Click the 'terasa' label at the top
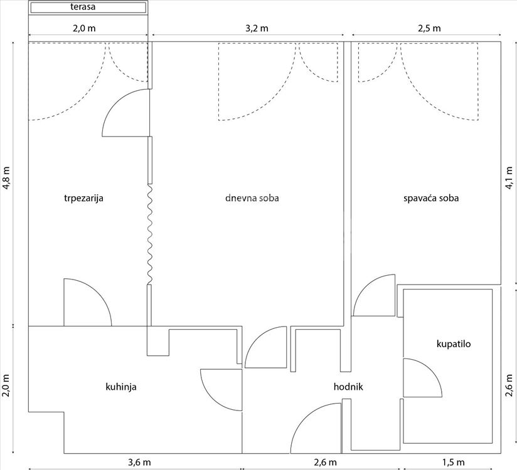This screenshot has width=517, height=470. (x=83, y=7)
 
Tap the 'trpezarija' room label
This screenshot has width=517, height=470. (x=83, y=198)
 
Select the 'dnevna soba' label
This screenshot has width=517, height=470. (x=252, y=198)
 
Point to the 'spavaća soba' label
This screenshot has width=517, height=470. (x=431, y=198)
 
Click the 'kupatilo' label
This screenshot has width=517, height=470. (x=454, y=344)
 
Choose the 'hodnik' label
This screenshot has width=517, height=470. (x=348, y=387)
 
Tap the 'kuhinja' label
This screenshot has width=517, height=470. (x=121, y=387)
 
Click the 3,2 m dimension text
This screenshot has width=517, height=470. (x=257, y=28)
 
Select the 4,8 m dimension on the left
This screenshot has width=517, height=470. (x=6, y=178)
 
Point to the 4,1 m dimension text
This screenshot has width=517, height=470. (x=509, y=178)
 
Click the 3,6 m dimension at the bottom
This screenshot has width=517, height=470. (x=139, y=462)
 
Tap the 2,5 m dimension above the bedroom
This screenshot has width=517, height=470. (x=429, y=28)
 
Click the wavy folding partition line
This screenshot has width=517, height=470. (x=150, y=234)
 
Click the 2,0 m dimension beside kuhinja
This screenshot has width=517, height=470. (x=6, y=386)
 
